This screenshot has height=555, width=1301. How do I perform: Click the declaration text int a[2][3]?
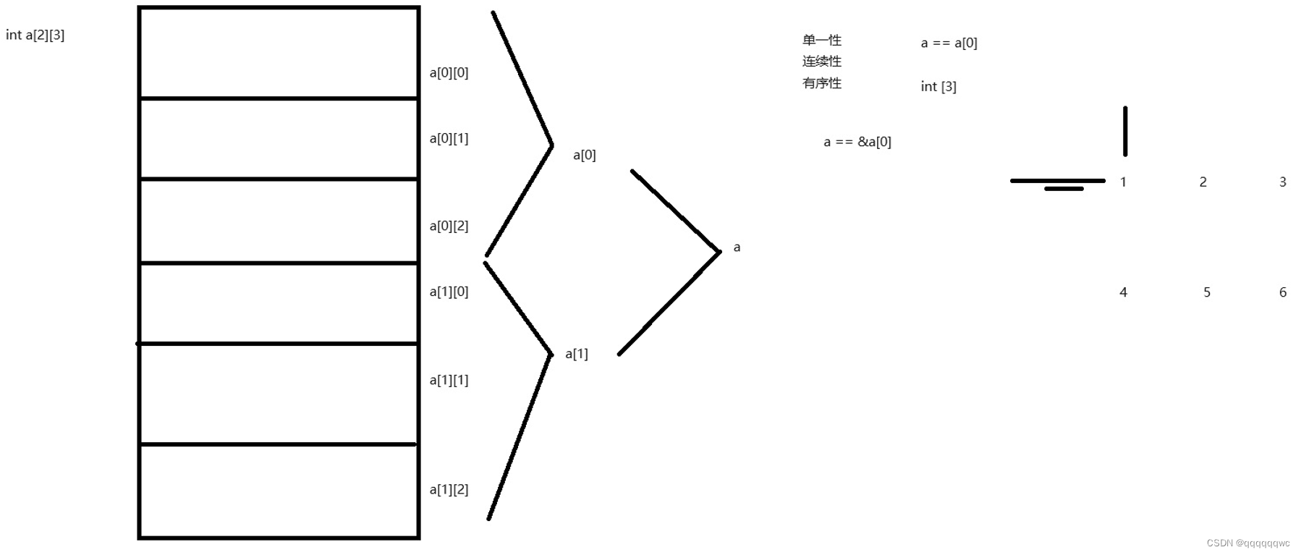[x=35, y=35]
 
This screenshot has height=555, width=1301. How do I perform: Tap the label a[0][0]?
[x=449, y=72]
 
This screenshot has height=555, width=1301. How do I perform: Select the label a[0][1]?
[x=449, y=138]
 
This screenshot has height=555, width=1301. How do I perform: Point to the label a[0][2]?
[x=449, y=226]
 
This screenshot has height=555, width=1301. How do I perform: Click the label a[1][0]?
[x=449, y=292]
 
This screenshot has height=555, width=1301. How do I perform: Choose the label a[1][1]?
[x=449, y=380]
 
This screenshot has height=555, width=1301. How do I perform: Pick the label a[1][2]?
[x=449, y=489]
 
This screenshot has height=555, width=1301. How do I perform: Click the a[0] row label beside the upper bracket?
[x=584, y=155]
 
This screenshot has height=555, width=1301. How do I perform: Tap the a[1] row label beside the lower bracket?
[x=576, y=354]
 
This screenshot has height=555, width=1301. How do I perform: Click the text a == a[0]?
[x=949, y=43]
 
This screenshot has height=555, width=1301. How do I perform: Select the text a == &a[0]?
[x=857, y=142]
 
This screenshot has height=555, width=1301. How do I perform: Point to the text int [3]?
[x=938, y=87]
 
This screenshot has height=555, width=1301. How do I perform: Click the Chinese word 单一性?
[x=821, y=40]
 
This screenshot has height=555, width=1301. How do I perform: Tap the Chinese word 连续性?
[x=821, y=62]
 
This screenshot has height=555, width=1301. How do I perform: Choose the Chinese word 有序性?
[x=821, y=83]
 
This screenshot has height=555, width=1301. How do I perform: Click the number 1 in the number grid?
[x=1123, y=182]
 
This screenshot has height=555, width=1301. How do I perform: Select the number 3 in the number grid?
[x=1282, y=182]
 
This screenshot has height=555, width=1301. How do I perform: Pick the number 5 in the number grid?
[x=1206, y=292]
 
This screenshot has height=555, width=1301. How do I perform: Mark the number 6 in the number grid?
[x=1282, y=292]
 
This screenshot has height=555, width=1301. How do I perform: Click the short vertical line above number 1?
[x=1124, y=131]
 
